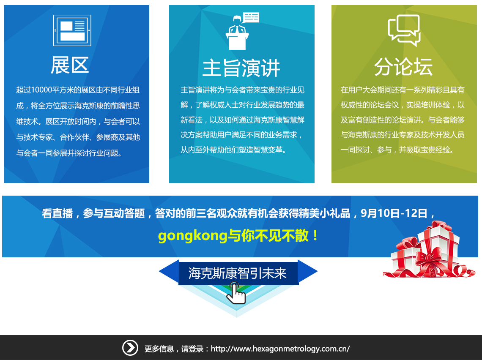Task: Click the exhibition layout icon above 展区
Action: (x=72, y=30)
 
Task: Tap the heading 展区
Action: (x=70, y=65)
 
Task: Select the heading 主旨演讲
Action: (x=241, y=68)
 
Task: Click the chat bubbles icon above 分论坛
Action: (x=404, y=30)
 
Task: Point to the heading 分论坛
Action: (x=403, y=67)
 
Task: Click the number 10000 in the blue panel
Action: (x=41, y=90)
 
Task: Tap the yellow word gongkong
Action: (x=193, y=236)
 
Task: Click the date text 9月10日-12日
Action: (x=394, y=213)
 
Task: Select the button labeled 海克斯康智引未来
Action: (x=238, y=273)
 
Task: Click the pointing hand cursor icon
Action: (x=236, y=293)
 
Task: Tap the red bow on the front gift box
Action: (x=428, y=256)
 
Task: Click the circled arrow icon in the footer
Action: (x=130, y=348)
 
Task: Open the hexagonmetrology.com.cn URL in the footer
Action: (x=280, y=349)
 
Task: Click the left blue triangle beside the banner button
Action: (x=169, y=271)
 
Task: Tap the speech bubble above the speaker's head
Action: (x=251, y=17)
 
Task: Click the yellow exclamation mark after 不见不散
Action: (x=315, y=236)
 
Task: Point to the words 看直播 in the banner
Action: (x=57, y=213)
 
